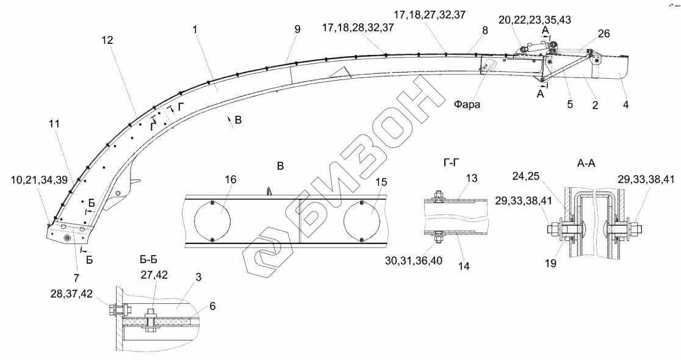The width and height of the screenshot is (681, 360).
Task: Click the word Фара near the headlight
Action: [x=467, y=104]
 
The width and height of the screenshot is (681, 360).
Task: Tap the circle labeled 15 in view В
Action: [x=362, y=220]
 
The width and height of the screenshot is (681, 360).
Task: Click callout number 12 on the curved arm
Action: [x=107, y=40]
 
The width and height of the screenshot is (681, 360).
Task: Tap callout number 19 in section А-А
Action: [x=550, y=263]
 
